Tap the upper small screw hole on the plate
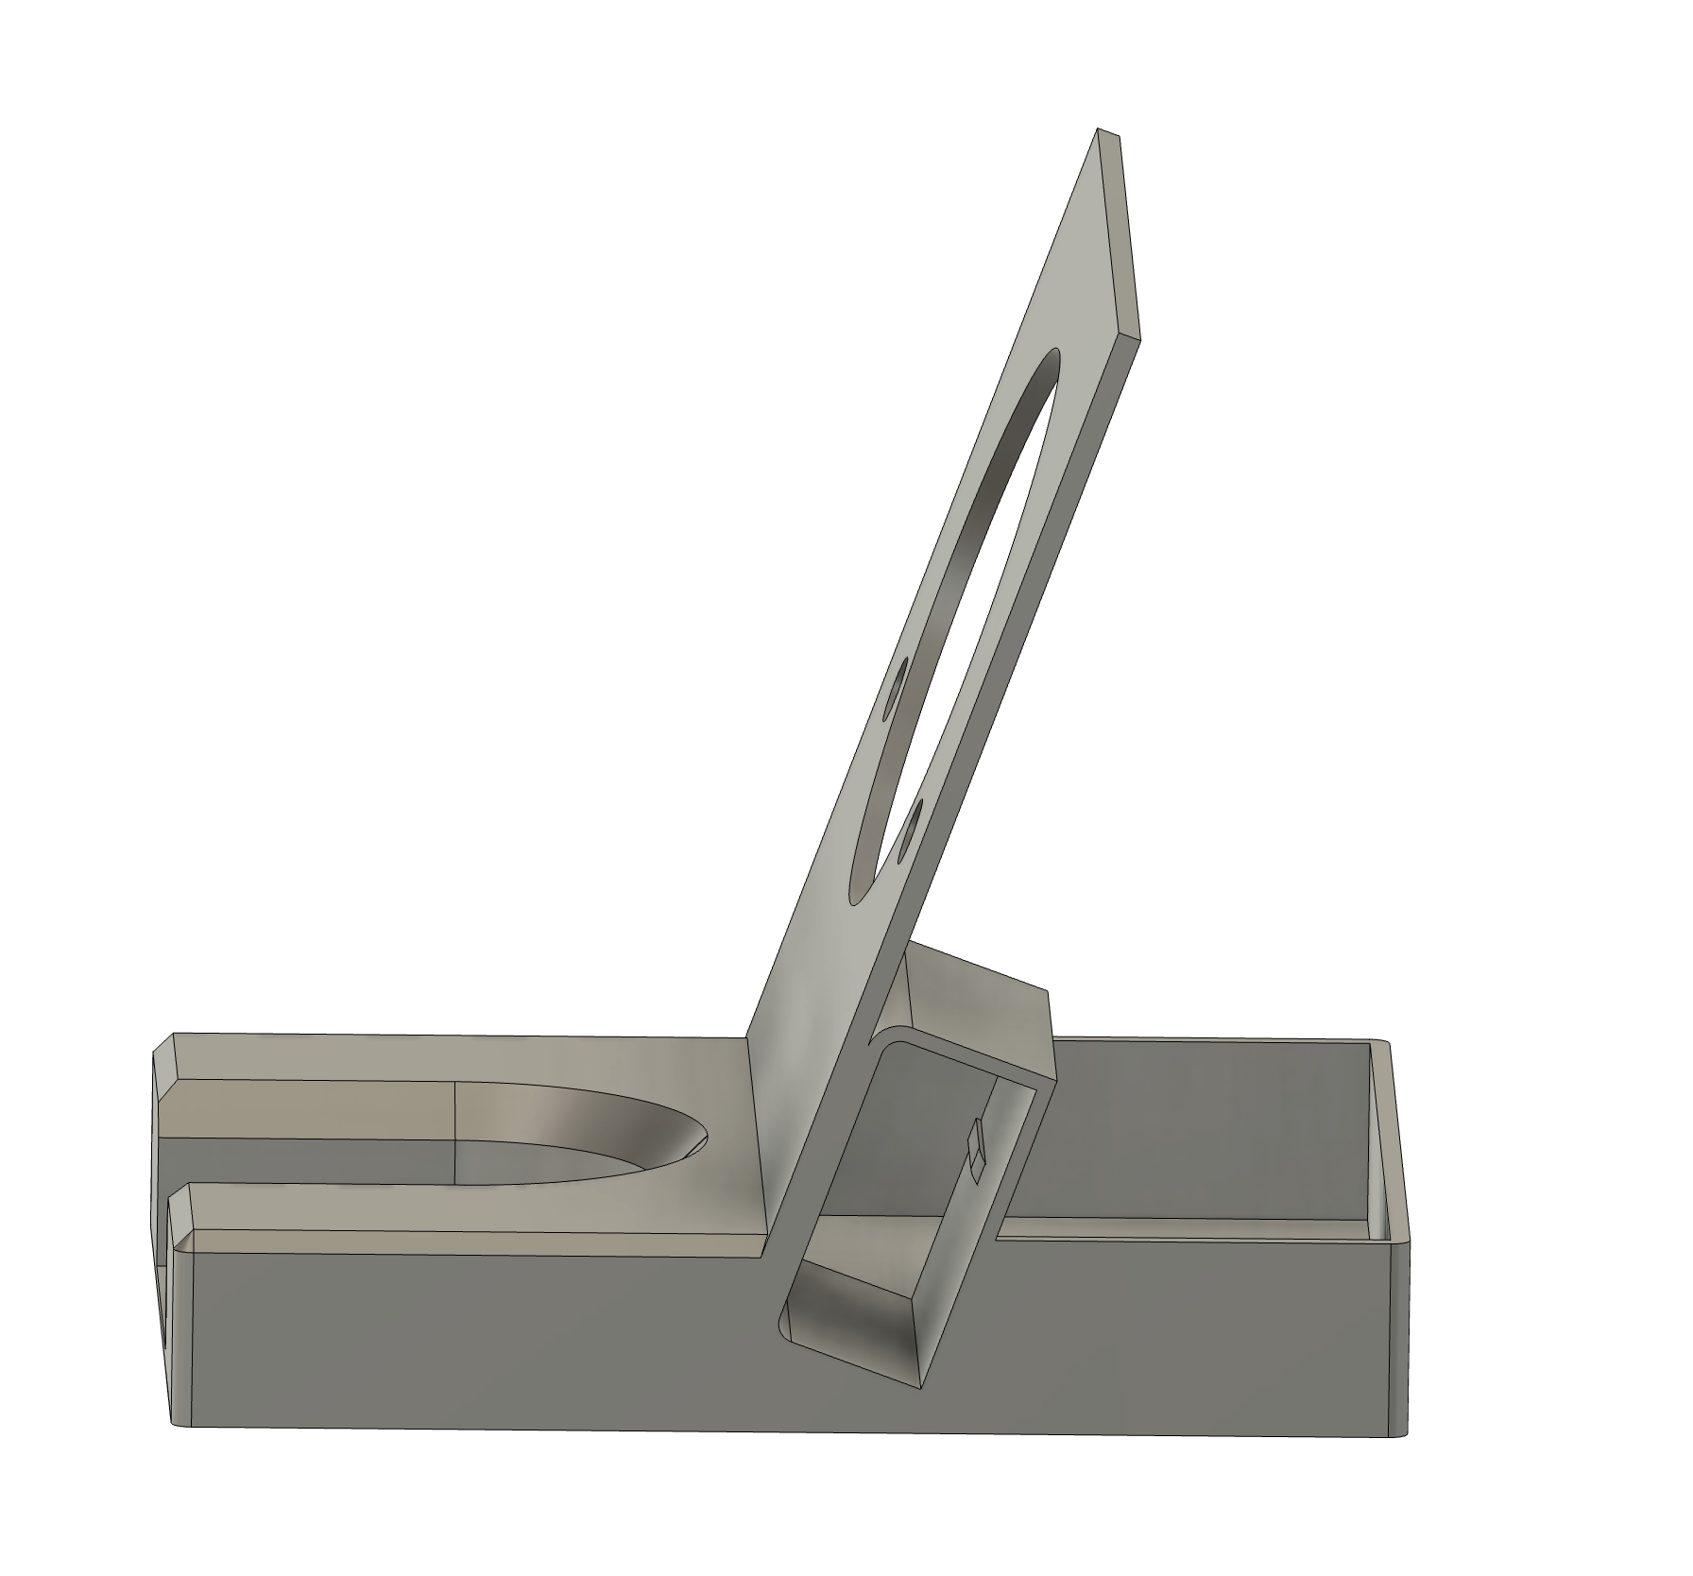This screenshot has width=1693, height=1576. point(895,686)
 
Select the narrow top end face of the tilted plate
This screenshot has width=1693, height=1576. point(1111,134)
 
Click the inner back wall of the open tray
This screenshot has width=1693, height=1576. point(1209,1134)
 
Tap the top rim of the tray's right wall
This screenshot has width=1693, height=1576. point(1382,1043)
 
